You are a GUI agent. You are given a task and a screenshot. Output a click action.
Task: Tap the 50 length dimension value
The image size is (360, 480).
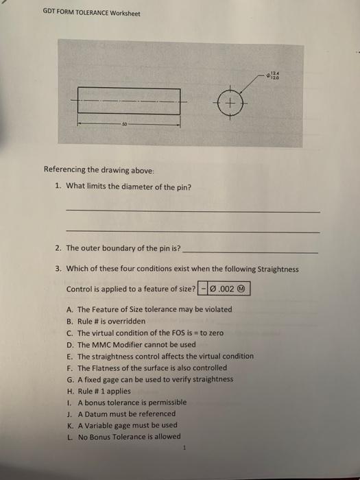pyautogui.click(x=125, y=125)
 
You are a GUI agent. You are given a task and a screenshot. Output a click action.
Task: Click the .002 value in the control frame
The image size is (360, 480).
pyautogui.click(x=226, y=289)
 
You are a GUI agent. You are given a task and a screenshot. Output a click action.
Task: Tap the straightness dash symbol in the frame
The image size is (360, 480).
pyautogui.click(x=203, y=289)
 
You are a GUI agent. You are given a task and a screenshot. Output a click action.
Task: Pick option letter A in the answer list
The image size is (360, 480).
pyautogui.click(x=70, y=309)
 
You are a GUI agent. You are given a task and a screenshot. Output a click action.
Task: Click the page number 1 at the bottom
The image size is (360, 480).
pyautogui.click(x=184, y=448)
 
